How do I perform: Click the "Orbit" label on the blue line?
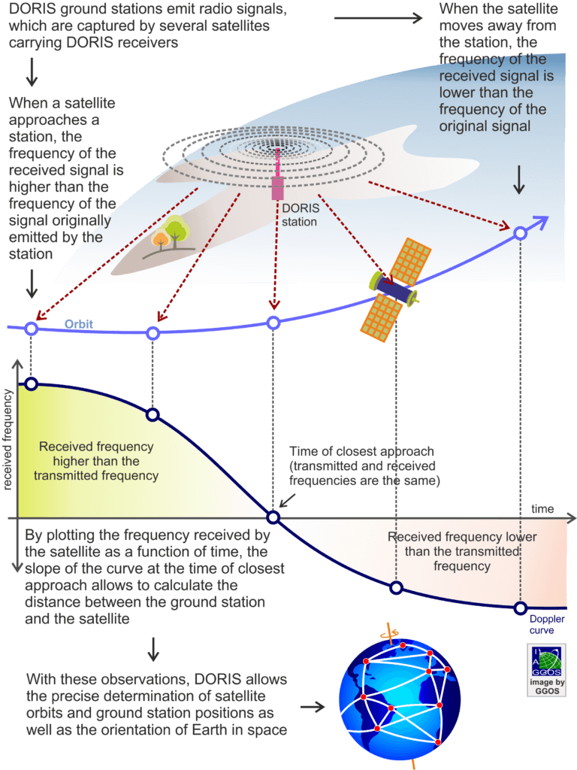(x=78, y=324)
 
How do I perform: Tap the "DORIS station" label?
(x=301, y=215)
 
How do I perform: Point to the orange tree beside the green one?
(x=161, y=240)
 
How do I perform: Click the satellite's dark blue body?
(x=394, y=290)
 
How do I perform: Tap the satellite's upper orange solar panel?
(x=410, y=262)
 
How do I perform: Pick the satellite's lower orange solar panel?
(x=381, y=318)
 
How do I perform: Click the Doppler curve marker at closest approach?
(x=273, y=517)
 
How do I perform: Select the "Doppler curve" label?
(x=547, y=625)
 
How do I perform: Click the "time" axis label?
(x=542, y=509)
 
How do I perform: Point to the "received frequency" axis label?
(x=7, y=439)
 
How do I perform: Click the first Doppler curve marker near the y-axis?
(x=31, y=384)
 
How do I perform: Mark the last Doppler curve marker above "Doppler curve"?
(x=521, y=608)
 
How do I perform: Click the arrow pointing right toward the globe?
(x=313, y=707)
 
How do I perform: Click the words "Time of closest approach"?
(x=361, y=451)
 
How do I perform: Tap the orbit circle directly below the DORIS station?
(x=273, y=323)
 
